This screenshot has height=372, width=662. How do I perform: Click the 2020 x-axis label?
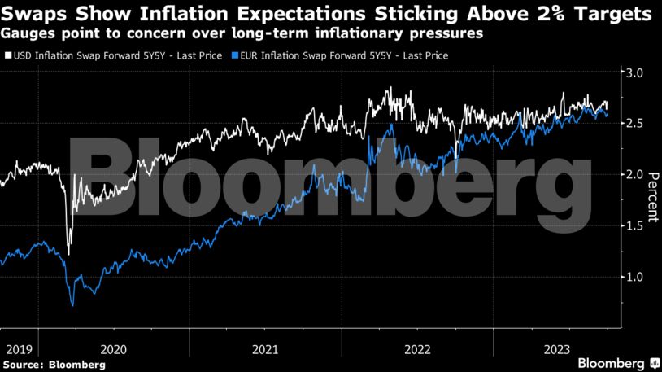pos(113,349)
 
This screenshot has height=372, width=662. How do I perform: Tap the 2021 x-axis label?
pos(265,349)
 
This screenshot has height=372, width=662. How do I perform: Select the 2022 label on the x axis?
pos(417,349)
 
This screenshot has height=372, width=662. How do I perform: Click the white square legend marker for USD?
pos(8,55)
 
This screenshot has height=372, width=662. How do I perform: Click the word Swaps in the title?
pos(31,14)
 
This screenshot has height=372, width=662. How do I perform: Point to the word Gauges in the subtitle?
pos(27,34)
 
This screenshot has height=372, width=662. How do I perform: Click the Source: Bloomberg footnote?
pos(54,365)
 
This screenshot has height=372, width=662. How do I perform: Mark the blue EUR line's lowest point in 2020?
pos(72,305)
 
